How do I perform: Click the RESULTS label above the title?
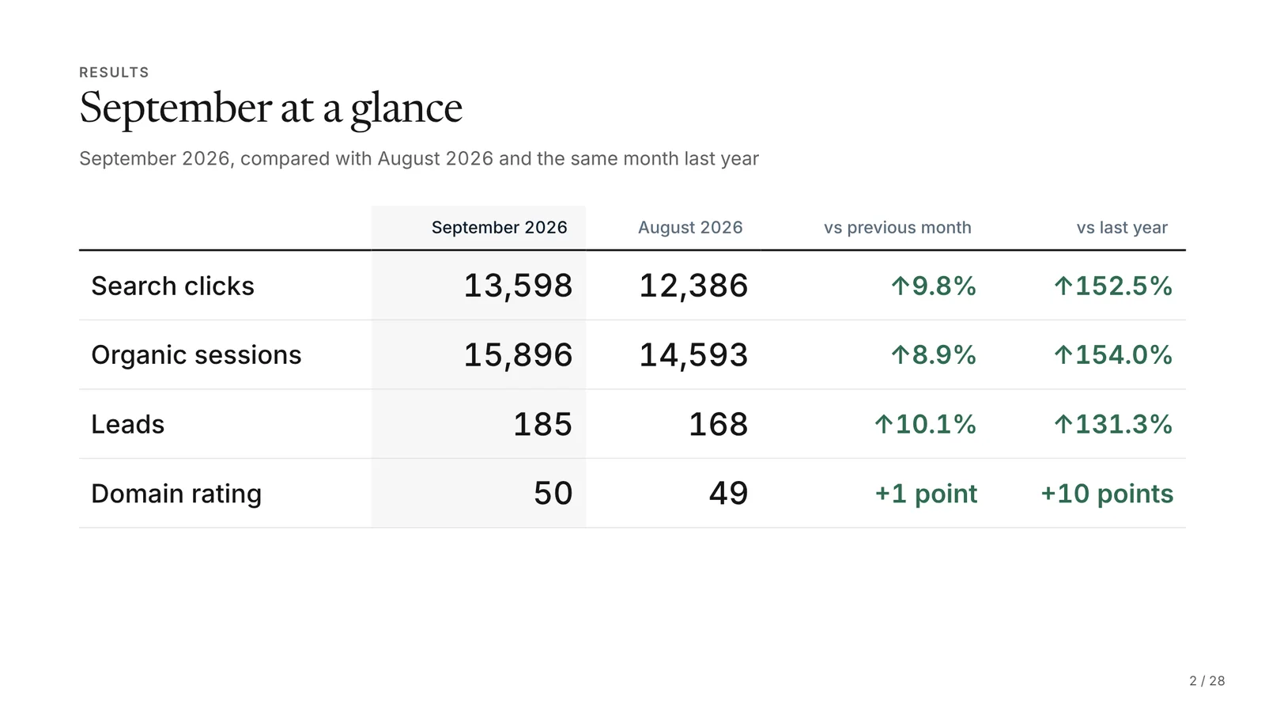[x=114, y=72]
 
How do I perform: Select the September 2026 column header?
[x=499, y=227]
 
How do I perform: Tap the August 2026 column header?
[x=690, y=227]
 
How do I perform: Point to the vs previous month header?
[x=897, y=227]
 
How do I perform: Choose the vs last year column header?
[x=1122, y=227]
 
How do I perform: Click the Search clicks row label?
[x=173, y=286]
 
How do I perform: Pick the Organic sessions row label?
[x=197, y=355]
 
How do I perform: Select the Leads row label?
[x=127, y=424]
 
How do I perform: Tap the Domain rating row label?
[x=176, y=494]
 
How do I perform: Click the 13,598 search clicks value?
[x=518, y=286]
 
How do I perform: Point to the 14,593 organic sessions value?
[x=693, y=355]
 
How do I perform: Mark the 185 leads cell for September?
[x=542, y=424]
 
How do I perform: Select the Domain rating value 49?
[x=728, y=494]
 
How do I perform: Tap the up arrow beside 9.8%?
[x=901, y=286]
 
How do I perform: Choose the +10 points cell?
[x=1107, y=494]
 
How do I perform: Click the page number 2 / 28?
[x=1206, y=681]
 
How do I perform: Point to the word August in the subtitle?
[x=409, y=159]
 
